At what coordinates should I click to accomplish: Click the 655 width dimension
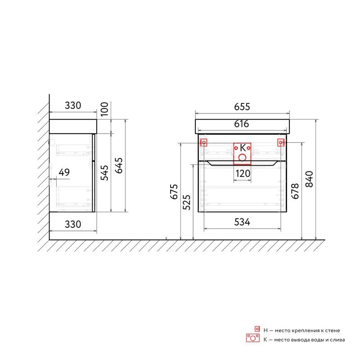242,107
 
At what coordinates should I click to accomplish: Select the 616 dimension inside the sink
242,124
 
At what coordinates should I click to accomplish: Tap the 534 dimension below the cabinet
242,222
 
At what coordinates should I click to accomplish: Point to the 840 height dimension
309,179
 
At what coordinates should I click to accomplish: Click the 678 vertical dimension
295,191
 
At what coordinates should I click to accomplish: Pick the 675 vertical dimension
174,192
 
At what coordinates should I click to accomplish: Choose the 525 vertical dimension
186,202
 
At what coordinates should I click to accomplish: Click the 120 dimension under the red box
243,174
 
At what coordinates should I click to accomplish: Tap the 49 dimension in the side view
64,172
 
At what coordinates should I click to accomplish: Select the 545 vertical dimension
104,173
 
